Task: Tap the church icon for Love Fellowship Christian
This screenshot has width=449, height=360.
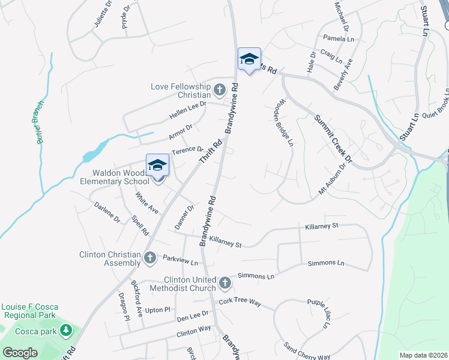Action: [x=219, y=91]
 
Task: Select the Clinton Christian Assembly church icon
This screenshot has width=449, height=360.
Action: [x=150, y=259]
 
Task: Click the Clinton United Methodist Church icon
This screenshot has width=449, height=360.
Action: [x=224, y=283]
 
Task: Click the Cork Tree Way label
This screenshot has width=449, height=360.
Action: [x=240, y=302]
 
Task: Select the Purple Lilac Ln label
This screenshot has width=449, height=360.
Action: [x=319, y=313]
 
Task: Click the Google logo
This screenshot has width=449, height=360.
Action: [x=20, y=352]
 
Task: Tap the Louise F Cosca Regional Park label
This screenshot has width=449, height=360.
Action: [x=29, y=311]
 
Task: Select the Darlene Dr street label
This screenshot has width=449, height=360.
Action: [x=107, y=211]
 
